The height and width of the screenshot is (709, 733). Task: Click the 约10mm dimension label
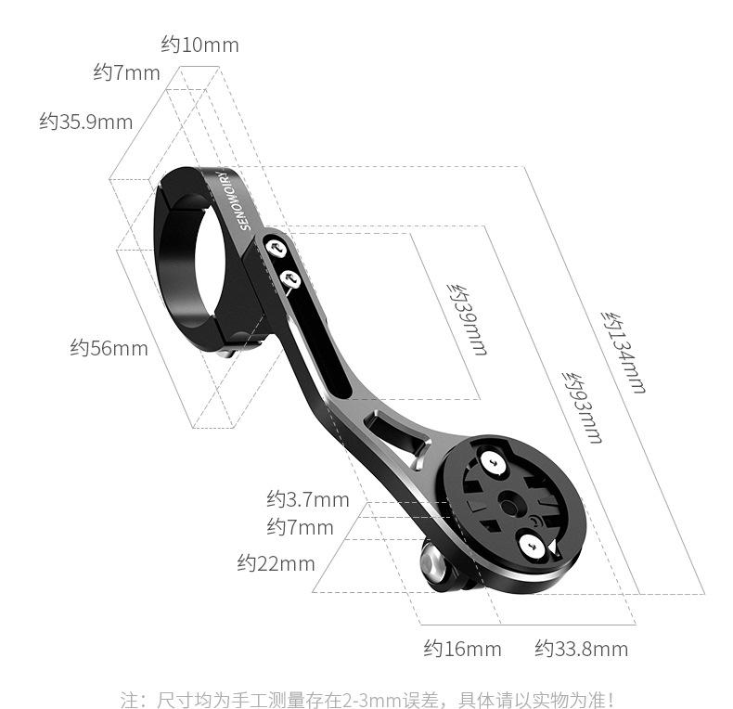tap(199, 45)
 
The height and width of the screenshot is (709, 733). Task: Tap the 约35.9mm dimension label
tap(85, 122)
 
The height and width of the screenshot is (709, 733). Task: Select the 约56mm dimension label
tap(109, 348)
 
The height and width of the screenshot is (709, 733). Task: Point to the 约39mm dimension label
tap(466, 318)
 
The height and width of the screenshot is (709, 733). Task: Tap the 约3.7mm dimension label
tap(308, 499)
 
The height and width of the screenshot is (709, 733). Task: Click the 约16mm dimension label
tap(462, 649)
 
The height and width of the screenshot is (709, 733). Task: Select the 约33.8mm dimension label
tap(581, 649)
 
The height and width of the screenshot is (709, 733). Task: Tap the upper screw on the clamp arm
tap(276, 247)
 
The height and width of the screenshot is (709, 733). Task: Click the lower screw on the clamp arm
tap(289, 277)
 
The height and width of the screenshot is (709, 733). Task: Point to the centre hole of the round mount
tap(508, 504)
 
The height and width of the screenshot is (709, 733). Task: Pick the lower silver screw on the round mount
tap(535, 547)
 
